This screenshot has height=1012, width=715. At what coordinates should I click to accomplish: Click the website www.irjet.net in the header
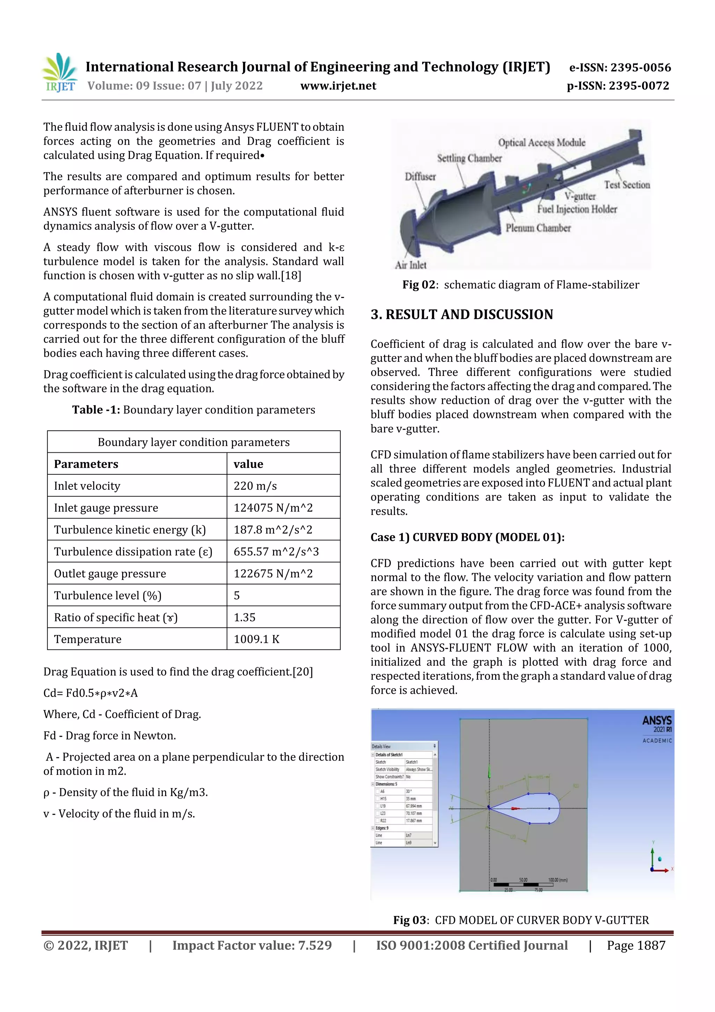pos(338,86)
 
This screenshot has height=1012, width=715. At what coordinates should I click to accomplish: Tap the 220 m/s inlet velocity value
pos(255,486)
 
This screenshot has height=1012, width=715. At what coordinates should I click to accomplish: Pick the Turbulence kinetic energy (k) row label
pos(130,529)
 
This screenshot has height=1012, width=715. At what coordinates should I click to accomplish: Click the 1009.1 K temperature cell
pos(256,639)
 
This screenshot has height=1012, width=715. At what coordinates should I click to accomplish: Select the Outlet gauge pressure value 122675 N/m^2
pos(273,574)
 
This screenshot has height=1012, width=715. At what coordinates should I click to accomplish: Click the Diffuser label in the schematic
pos(420,177)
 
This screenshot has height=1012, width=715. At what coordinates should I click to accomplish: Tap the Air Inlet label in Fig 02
pos(410,265)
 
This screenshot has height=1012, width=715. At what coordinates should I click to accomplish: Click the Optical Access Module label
pos(541,143)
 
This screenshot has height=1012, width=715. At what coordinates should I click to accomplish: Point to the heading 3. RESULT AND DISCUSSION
pos(461,314)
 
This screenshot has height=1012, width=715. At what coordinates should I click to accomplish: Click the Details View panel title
pos(381,746)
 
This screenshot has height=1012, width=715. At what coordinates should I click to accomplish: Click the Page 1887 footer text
pos(636,945)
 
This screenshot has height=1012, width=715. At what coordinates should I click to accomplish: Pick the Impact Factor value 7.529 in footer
pos(252,945)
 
